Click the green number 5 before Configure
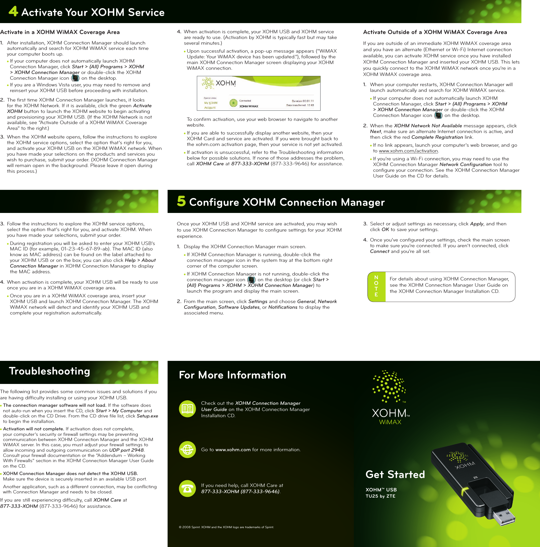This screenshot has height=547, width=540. [x=181, y=201]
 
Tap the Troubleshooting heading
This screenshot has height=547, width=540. [x=50, y=371]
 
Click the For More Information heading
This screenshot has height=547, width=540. [x=232, y=375]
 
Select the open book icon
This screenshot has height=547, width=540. [x=187, y=409]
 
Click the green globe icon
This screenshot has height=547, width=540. [x=187, y=450]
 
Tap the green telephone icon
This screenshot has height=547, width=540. [x=187, y=488]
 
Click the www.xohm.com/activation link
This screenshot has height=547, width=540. [x=408, y=151]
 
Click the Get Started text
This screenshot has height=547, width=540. [x=395, y=475]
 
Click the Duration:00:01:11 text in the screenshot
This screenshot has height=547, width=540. [x=303, y=101]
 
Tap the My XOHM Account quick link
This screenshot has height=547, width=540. [x=211, y=105]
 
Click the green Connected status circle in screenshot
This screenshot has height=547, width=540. [x=233, y=103]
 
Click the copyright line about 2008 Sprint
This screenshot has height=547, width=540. [x=226, y=527]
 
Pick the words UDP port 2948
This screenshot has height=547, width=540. [x=126, y=450]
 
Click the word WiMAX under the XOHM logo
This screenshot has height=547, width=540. [x=390, y=422]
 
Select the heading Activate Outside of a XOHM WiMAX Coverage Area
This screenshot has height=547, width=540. [x=435, y=32]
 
